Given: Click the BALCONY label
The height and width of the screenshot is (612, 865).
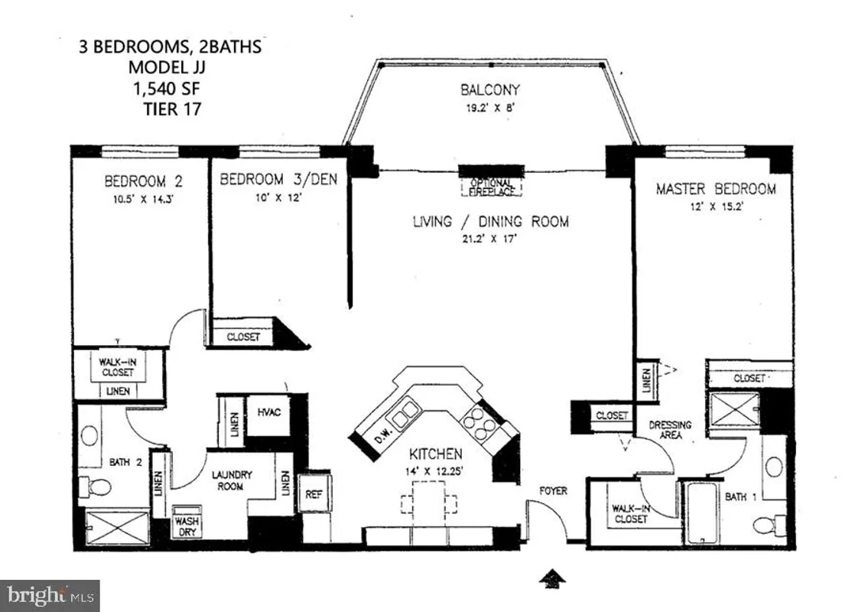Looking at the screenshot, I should click(x=490, y=90).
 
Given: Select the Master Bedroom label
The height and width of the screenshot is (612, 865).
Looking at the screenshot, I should click(x=715, y=188).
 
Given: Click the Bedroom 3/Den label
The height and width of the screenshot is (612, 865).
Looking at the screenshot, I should click(x=278, y=180).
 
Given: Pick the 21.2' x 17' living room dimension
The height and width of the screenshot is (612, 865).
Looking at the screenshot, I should click(x=490, y=237).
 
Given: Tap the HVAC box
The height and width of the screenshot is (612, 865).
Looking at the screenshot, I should click(x=269, y=413).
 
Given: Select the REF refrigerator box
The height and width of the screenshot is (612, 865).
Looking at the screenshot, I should click(x=314, y=494).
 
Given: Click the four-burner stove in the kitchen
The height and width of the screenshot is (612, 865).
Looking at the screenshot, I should click(x=479, y=425).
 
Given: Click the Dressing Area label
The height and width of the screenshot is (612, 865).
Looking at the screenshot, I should click(x=670, y=430).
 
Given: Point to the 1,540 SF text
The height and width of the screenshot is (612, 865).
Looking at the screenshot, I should click(x=170, y=88).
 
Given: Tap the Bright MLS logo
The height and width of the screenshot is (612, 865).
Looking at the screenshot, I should click(x=50, y=594).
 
